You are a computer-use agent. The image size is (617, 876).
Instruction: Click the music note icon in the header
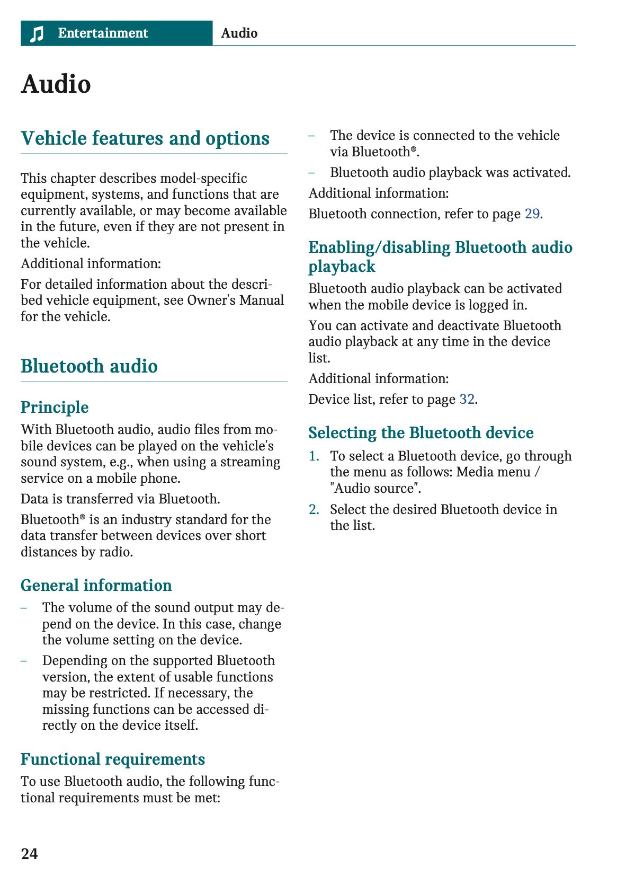37,34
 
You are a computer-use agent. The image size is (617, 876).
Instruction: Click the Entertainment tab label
103,33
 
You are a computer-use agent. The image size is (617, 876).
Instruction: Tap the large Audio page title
56,84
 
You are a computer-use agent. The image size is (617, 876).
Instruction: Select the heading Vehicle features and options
145,138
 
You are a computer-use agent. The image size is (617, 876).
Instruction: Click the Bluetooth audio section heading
89,366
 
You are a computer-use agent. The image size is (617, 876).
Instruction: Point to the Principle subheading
55,407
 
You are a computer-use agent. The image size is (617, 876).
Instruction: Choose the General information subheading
96,585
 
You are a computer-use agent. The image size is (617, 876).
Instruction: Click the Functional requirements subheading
112,759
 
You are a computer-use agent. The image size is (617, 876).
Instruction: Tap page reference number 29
532,214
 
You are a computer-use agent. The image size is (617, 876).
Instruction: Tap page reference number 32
467,399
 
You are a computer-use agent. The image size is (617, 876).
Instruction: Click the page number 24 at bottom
29,853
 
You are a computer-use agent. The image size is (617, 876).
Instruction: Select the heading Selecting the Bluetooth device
421,432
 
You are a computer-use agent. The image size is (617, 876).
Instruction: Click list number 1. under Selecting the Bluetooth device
314,456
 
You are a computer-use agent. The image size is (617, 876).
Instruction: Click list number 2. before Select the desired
314,509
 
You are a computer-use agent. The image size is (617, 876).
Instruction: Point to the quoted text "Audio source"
375,488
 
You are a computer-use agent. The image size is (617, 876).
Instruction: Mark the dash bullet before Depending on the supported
24,661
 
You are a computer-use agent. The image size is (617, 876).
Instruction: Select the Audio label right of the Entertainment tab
239,33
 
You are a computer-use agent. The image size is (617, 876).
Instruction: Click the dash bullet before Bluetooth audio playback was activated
312,173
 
